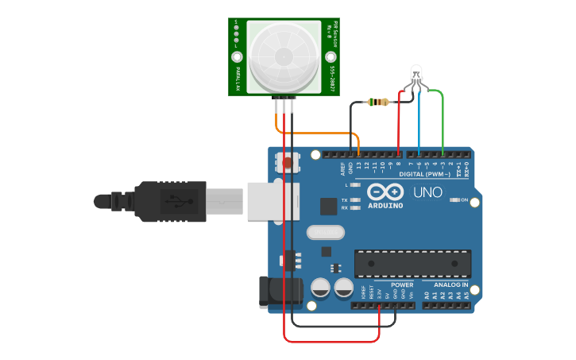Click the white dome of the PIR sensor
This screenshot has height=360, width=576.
284,56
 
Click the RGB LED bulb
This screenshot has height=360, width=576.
416,75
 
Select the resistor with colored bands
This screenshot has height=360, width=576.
380,102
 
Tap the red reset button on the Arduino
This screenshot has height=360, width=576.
287,164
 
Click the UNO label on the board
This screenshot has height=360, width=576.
427,192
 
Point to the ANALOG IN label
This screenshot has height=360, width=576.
450,285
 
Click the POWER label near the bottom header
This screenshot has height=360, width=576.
402,285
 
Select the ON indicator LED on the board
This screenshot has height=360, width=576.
455,199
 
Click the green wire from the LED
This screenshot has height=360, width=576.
442,119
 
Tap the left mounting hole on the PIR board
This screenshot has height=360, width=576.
237,57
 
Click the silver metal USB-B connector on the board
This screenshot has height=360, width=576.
270,201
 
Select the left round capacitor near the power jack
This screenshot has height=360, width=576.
321,288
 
